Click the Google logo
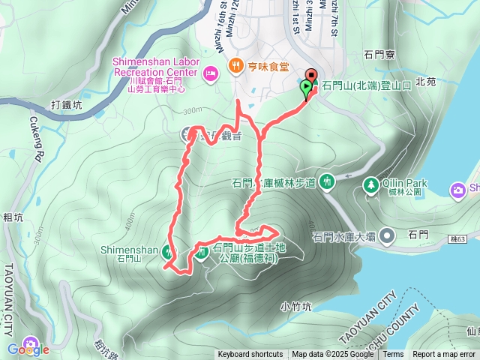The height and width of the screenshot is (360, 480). [28, 349]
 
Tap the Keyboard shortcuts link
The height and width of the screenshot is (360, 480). [250, 355]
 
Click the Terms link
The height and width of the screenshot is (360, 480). [393, 355]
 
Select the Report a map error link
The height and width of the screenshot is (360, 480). [444, 355]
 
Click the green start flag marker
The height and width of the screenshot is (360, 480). [307, 88]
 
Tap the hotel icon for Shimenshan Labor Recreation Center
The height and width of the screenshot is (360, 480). [210, 72]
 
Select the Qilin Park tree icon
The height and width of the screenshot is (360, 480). [370, 184]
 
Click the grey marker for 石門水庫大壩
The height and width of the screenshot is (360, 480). [387, 237]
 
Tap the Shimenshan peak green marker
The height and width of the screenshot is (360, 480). [167, 253]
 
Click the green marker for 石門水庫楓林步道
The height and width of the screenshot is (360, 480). [326, 181]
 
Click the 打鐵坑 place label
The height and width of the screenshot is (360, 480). [68, 105]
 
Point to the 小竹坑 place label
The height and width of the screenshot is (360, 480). [295, 306]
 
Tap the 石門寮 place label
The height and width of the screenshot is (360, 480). [379, 55]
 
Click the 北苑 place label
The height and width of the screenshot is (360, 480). [425, 81]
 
